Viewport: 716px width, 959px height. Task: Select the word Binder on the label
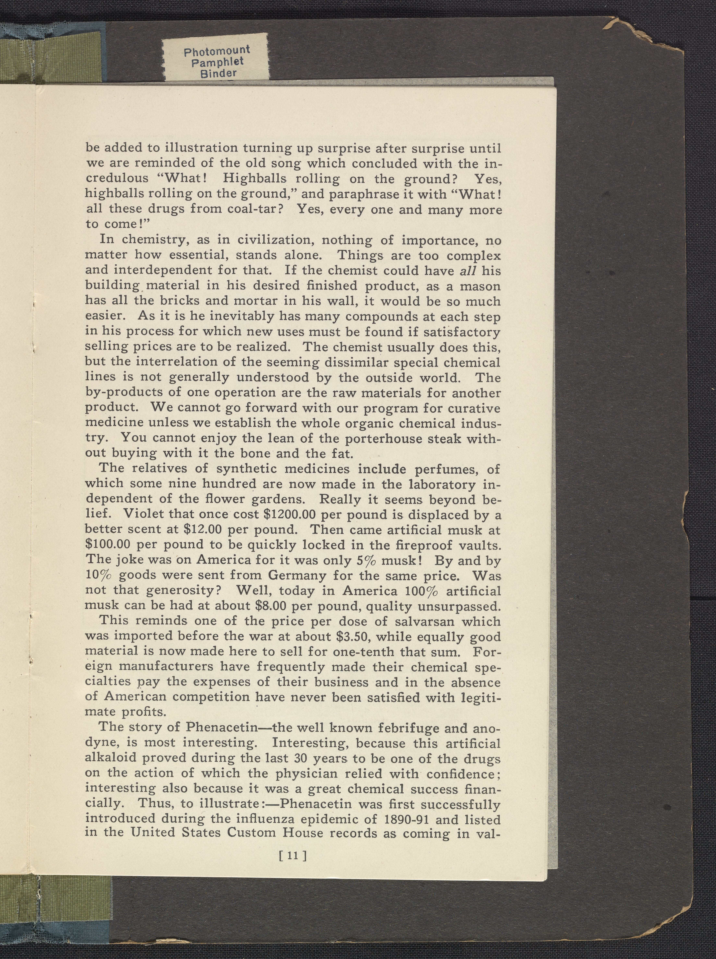click(218, 73)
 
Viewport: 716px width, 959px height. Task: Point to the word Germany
click(296, 575)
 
